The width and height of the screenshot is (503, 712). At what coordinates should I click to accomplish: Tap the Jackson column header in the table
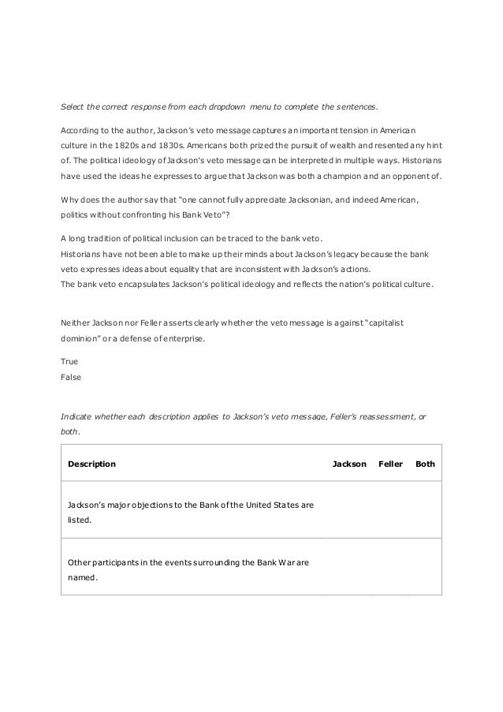[x=349, y=464]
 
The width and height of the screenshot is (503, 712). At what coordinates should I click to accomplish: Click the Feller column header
[x=391, y=464]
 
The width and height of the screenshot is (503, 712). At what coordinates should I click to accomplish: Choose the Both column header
[x=425, y=464]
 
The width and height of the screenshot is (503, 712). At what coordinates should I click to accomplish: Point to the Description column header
[x=91, y=464]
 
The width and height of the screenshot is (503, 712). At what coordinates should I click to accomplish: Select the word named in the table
[x=83, y=576]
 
